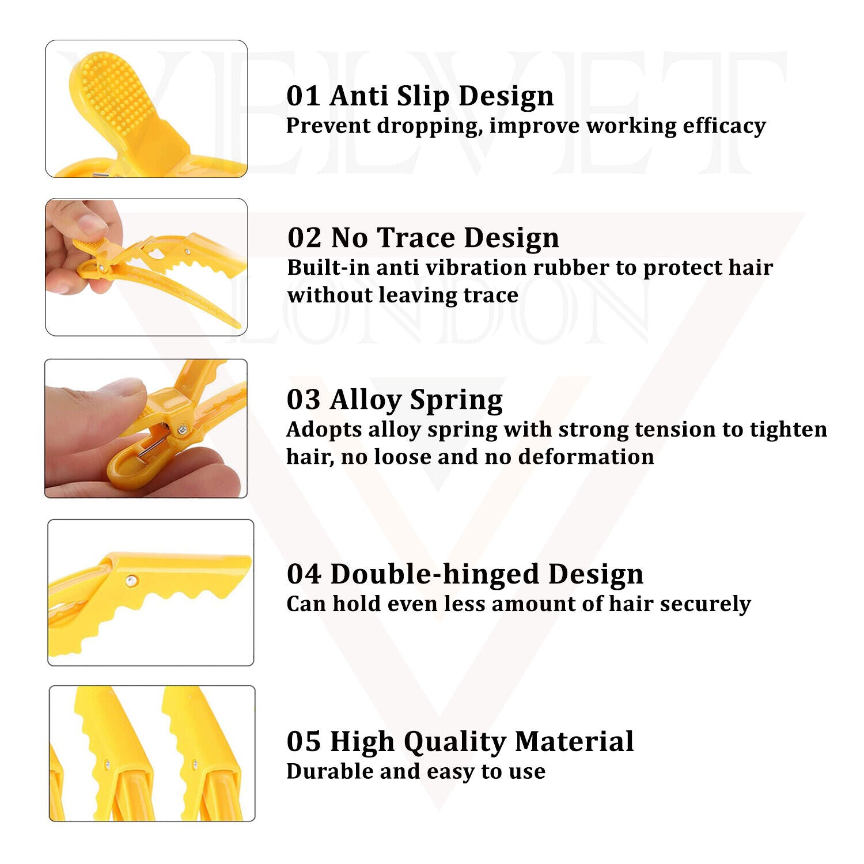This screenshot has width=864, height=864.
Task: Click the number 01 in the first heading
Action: click(304, 96)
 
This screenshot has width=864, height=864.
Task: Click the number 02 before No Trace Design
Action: click(304, 237)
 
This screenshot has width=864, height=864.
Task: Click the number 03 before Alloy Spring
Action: click(304, 399)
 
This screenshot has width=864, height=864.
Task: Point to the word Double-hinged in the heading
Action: click(435, 575)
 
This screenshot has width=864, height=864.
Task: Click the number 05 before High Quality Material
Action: click(304, 741)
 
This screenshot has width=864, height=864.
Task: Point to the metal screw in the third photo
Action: click(183, 428)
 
